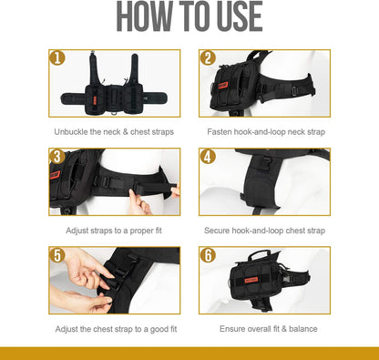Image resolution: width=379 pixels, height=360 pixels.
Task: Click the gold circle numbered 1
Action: [57, 57]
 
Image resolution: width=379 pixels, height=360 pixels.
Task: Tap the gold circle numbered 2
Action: [208, 57]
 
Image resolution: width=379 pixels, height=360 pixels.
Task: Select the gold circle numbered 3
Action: [57, 157]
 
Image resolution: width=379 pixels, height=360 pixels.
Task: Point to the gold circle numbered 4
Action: [208, 157]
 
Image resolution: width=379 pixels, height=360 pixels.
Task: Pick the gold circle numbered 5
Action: [57, 255]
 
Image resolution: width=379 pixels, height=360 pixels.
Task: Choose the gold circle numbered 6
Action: [208, 255]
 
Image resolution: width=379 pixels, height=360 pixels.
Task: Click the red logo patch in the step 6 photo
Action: [251, 280]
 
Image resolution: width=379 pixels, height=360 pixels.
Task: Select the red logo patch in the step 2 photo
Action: [224, 85]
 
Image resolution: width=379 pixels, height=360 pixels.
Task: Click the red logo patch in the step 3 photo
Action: [55, 175]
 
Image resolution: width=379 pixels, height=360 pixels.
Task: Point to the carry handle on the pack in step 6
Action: [259, 253]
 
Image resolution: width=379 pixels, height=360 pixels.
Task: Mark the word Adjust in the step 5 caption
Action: [67, 329]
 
